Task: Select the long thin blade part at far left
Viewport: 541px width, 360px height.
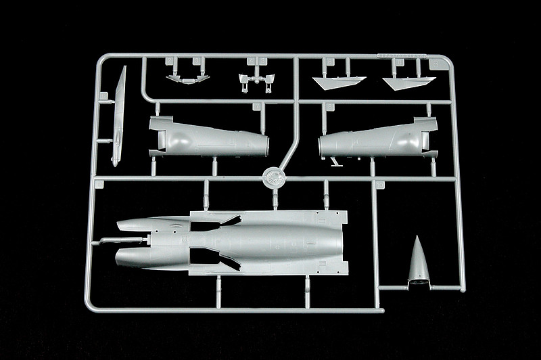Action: tap(118, 115)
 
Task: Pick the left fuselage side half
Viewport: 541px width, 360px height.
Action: tap(206, 137)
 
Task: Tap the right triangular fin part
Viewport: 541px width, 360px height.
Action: tap(408, 82)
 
